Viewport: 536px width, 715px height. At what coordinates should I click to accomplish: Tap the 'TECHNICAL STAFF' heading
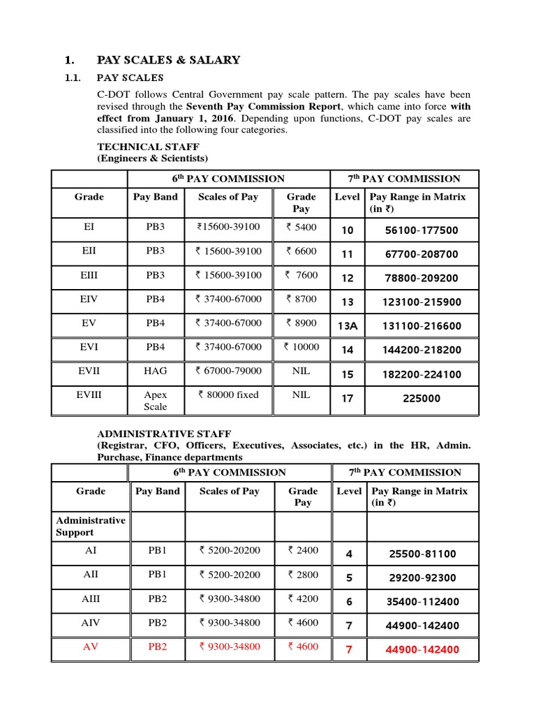coord(148,147)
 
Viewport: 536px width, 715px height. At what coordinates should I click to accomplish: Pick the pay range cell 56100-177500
coord(422,230)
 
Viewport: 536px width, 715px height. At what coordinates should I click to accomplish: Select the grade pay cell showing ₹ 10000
coord(301,347)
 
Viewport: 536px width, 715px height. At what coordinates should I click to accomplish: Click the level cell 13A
coord(348,326)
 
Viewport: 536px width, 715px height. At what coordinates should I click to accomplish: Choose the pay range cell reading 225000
coord(422,399)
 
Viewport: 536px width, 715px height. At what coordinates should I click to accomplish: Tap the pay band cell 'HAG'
coord(156,371)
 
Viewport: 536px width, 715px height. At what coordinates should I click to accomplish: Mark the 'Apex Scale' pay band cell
coord(156,400)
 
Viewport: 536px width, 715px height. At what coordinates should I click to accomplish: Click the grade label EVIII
coord(89,395)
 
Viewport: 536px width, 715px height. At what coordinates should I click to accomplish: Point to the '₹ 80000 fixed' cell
coord(228,395)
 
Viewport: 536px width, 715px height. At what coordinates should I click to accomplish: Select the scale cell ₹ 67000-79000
coord(228,371)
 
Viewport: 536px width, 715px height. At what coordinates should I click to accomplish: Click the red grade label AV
coord(91,647)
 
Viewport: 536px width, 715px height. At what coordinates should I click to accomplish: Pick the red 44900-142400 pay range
coord(422,649)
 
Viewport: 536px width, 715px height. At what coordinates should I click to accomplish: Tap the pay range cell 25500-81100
coord(421,554)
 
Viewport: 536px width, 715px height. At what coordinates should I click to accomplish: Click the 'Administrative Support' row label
coord(91,526)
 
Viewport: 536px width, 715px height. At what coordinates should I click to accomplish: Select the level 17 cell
coord(348,399)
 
